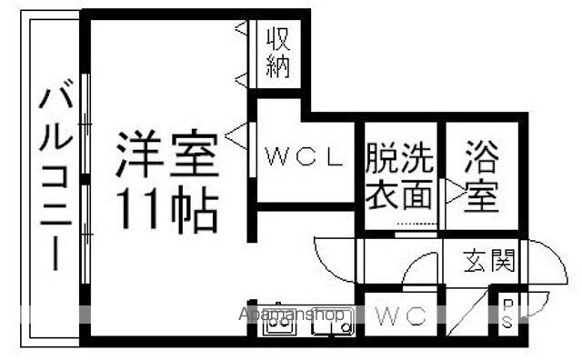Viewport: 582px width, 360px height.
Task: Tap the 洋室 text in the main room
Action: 167,155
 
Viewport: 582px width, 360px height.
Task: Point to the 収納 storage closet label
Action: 278,53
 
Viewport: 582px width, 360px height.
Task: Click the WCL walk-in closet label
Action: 304,156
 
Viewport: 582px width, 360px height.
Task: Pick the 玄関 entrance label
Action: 487,262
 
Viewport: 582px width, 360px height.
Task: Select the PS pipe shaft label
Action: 507,315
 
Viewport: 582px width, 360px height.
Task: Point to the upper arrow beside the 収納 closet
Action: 241,29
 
